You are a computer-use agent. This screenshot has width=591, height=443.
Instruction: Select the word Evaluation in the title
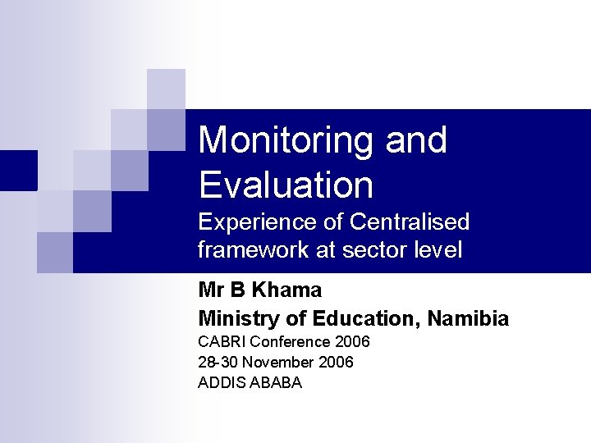(286, 185)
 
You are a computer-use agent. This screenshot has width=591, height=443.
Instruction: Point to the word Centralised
(410, 222)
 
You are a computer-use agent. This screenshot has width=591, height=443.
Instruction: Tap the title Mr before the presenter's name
(210, 290)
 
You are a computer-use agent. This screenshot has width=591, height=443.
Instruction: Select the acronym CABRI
(222, 341)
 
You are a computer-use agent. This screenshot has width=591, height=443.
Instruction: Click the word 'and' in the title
(416, 141)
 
